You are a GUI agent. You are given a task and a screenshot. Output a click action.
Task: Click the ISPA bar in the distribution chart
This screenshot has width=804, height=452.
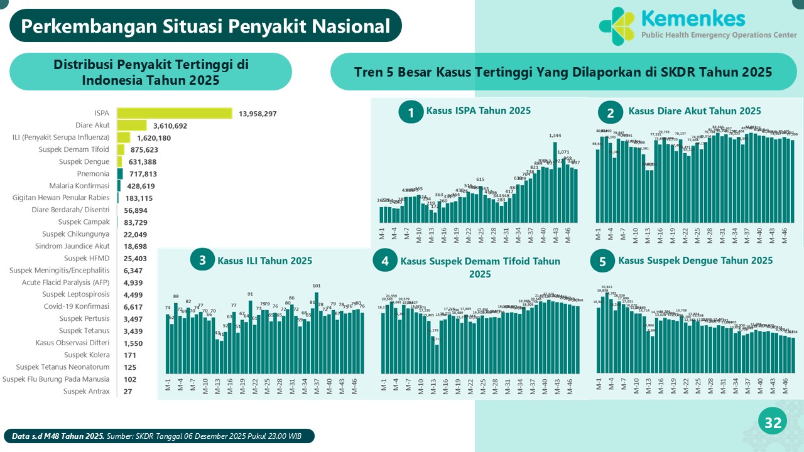point(175,113)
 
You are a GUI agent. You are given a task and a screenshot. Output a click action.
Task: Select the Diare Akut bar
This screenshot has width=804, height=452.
point(132,126)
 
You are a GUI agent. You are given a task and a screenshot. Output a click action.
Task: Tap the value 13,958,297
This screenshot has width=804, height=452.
point(258,114)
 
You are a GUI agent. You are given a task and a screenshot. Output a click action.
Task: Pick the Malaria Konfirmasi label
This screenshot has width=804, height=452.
point(79,186)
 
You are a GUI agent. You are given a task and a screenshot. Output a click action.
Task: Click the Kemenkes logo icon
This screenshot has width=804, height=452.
point(617,25)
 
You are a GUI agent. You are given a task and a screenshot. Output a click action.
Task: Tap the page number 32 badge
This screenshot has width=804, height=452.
point(773,424)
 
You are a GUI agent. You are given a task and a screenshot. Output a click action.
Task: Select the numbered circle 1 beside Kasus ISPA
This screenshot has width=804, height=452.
point(411,112)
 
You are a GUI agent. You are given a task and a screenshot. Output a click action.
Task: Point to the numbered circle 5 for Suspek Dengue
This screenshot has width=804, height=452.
point(603,262)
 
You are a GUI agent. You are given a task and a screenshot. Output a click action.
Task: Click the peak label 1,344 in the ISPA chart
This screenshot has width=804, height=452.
point(555,136)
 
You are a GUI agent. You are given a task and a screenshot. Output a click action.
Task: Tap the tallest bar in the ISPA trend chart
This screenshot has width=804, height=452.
point(555,183)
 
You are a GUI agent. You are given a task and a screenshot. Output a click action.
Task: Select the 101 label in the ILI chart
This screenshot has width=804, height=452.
point(317,286)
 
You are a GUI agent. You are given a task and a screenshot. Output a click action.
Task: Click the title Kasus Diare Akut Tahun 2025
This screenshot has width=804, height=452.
point(694,111)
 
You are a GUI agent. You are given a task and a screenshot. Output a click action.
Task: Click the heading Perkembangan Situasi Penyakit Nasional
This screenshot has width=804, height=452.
point(205,26)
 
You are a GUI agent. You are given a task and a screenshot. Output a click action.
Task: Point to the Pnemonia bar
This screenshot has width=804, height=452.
point(119,173)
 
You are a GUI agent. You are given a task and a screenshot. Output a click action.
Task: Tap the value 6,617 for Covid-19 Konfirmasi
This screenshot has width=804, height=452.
point(133,306)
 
